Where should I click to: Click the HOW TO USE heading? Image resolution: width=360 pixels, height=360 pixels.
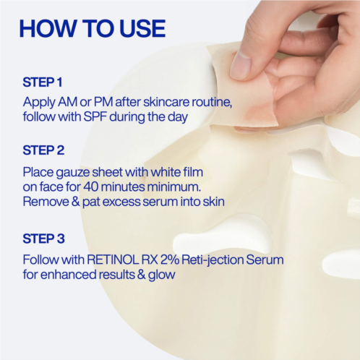tap(93, 28)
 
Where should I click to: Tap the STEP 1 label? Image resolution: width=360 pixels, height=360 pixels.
tap(43, 82)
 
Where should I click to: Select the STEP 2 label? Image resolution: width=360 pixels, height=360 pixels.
tap(43, 150)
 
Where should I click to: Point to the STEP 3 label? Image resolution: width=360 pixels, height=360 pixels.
tap(43, 239)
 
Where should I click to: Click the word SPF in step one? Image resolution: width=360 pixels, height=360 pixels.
tap(95, 117)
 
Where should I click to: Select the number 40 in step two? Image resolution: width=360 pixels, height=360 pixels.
tap(91, 187)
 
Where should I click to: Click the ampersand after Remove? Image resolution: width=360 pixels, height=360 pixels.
tap(76, 202)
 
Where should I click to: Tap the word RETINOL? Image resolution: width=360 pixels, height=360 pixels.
tap(113, 260)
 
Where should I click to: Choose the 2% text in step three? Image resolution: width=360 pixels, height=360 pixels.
tap(170, 260)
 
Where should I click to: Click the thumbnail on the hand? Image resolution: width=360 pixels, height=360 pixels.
tap(241, 65)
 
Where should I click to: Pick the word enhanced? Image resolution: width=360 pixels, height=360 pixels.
tap(69, 275)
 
